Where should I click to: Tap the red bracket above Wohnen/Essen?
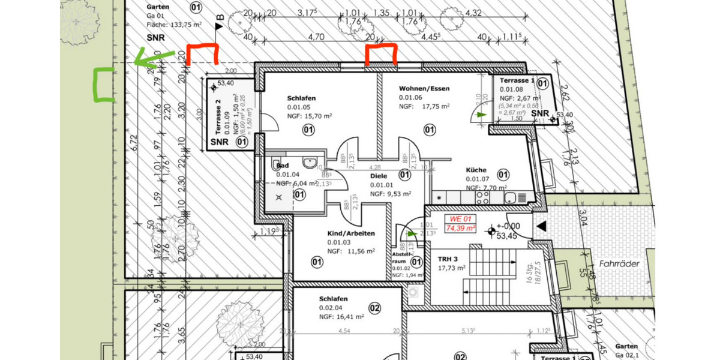(x=381, y=54)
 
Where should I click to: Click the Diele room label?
(x=379, y=176)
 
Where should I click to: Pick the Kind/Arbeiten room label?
(x=351, y=233)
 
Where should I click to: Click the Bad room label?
(x=283, y=166)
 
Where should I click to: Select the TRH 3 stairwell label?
(x=448, y=259)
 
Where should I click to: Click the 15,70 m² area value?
(x=319, y=116)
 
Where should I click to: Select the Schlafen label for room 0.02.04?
(x=334, y=299)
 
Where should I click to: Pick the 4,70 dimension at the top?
(x=316, y=37)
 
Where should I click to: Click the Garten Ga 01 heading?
(x=158, y=7)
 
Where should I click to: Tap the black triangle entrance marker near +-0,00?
(x=541, y=226)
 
